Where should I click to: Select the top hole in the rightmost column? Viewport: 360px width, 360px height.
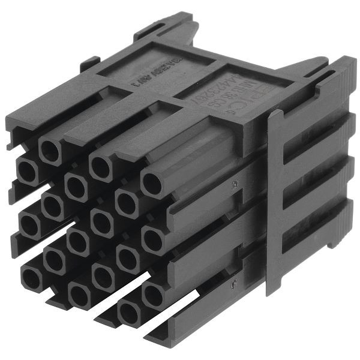153,183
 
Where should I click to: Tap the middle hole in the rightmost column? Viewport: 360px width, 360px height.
153,240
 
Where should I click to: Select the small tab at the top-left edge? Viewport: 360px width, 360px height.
91,61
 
